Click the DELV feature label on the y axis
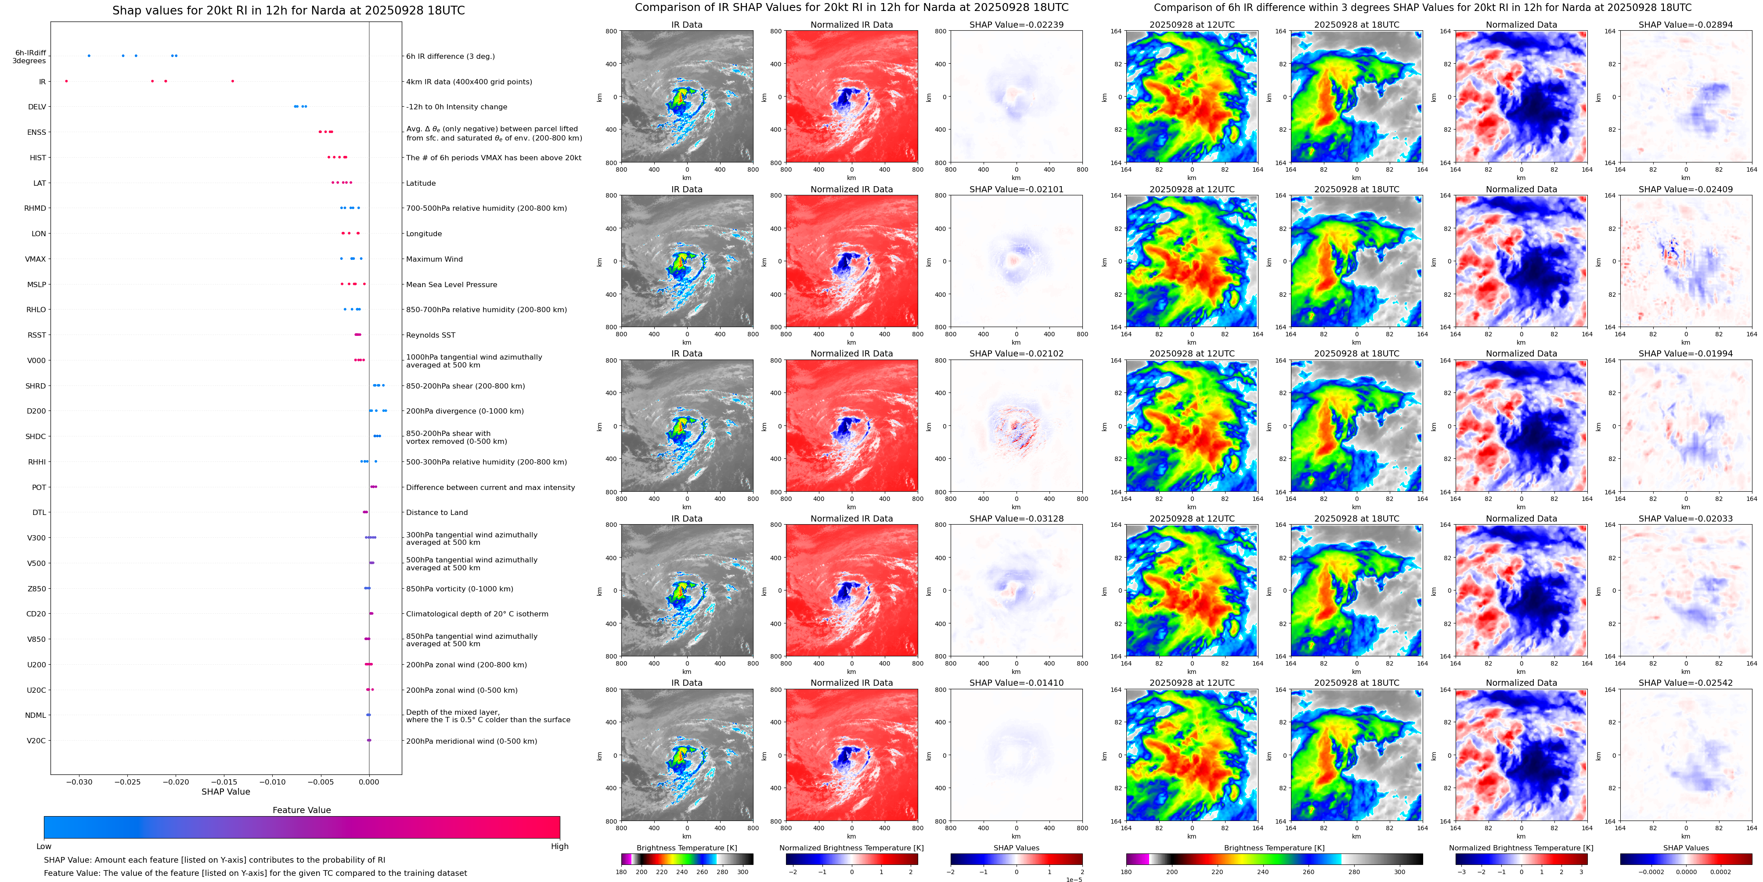[37, 107]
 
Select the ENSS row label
[37, 132]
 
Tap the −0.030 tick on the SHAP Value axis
[79, 781]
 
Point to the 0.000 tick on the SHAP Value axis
[369, 781]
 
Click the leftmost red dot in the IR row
[66, 81]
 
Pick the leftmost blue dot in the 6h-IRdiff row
[89, 55]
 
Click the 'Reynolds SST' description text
[430, 335]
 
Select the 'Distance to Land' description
[436, 512]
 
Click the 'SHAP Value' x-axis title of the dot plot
[226, 792]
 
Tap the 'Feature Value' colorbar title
[301, 810]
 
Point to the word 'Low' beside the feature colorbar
[44, 846]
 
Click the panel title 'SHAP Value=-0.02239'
[1017, 25]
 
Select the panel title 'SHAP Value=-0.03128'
[1017, 518]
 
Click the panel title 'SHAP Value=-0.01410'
[1017, 683]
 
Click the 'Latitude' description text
[421, 184]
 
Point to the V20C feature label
[36, 740]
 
